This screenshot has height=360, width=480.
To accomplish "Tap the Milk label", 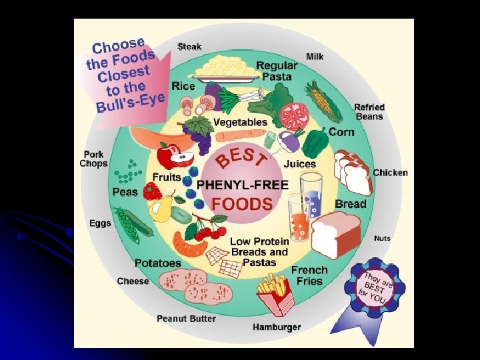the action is (315, 57).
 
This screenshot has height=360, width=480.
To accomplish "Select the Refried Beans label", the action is (369, 112).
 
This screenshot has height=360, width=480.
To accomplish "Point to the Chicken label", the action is (390, 173).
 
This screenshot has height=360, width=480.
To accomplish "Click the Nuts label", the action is (383, 238).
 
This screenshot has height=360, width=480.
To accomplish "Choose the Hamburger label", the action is (277, 327).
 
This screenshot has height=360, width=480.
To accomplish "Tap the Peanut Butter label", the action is (186, 319).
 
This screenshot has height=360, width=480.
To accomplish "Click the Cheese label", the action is (133, 281).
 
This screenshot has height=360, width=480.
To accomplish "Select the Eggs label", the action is (100, 223).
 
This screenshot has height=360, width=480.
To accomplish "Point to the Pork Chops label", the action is (93, 159).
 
